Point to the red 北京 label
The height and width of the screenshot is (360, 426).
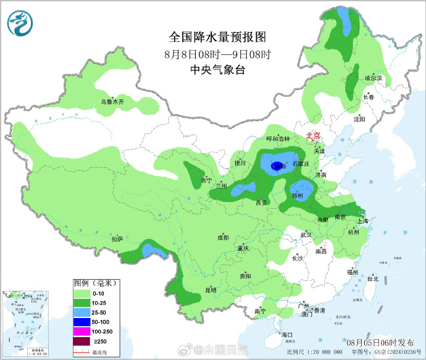(314, 136)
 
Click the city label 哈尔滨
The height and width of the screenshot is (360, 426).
(374, 78)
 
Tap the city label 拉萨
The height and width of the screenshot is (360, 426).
(117, 238)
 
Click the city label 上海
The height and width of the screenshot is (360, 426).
(362, 221)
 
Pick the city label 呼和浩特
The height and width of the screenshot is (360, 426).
(277, 138)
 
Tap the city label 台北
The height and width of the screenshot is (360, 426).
(372, 278)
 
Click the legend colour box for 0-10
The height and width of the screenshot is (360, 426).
(81, 293)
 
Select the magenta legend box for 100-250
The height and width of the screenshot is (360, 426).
(81, 331)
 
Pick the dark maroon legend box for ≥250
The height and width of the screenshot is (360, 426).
(81, 341)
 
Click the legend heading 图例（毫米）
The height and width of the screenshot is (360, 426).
(95, 283)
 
